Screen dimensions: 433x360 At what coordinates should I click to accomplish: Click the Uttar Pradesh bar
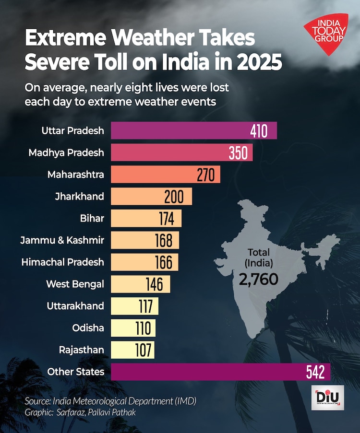(x=192, y=130)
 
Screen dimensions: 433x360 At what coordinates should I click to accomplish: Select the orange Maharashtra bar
(x=165, y=175)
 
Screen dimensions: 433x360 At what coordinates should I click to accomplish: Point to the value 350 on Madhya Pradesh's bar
(x=238, y=152)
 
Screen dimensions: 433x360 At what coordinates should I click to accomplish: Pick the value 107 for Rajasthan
(x=143, y=350)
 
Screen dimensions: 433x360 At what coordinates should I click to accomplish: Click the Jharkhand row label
(x=80, y=196)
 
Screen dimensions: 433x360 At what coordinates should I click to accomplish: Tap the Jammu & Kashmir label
(x=62, y=240)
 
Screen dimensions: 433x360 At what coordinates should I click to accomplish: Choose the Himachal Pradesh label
(x=62, y=262)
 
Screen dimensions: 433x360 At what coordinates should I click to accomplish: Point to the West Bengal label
(x=75, y=284)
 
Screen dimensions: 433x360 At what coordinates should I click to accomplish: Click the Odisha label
(x=88, y=328)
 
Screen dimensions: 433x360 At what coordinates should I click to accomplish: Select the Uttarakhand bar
(x=134, y=306)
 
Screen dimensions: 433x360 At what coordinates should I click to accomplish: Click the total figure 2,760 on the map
(x=258, y=279)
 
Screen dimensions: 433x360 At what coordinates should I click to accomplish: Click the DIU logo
(x=327, y=397)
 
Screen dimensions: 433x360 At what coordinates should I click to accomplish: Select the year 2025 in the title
(x=254, y=62)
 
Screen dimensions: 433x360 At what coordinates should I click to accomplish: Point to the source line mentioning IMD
(x=110, y=400)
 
